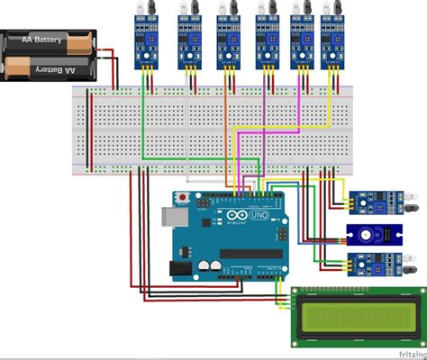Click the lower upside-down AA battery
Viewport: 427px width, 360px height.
[x=50, y=66]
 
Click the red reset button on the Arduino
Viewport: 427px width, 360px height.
[x=184, y=197]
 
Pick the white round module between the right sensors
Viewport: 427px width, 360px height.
[x=367, y=235]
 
